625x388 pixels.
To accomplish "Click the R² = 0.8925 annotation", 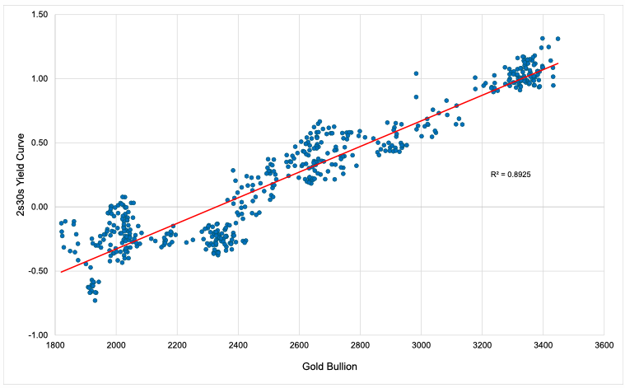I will tap(511, 175).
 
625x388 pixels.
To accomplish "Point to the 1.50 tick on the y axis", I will tap(38, 15).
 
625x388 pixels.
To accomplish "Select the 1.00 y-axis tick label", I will tap(38, 79).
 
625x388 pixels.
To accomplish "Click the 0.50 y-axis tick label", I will tap(38, 143).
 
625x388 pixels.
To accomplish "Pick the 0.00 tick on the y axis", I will tap(38, 207).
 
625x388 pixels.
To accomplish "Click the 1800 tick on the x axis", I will tap(55, 345).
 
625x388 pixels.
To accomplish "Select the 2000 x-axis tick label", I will tap(116, 345).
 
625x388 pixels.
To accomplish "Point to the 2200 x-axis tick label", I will tap(177, 345).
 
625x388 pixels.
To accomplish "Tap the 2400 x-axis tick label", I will tap(238, 345).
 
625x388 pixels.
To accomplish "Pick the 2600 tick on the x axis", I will tap(299, 345).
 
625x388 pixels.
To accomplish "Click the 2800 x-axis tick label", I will tap(360, 345).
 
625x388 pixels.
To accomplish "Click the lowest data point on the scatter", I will tap(96, 300).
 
